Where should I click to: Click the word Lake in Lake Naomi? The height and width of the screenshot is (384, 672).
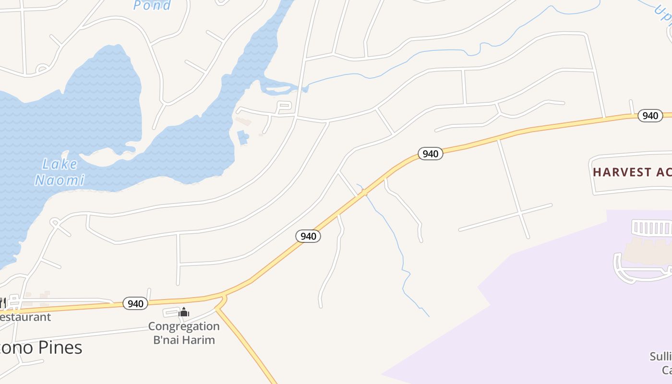point(60,164)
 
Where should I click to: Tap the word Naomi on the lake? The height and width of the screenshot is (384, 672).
point(60,180)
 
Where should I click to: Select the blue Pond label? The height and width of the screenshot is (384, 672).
point(152,5)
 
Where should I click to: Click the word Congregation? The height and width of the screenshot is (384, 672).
point(184,326)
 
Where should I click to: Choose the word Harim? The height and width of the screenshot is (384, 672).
point(199,340)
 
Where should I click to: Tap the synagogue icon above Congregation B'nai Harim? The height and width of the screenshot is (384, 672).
point(184,313)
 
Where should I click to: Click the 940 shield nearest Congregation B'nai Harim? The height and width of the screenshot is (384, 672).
point(135,303)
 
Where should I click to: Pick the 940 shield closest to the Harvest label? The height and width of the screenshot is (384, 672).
point(650,116)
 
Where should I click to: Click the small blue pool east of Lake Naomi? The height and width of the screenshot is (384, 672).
point(243,137)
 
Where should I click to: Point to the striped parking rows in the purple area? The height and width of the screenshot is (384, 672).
point(652,227)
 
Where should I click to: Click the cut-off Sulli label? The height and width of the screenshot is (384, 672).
point(660,356)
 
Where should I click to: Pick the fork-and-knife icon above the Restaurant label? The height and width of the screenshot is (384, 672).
point(2,303)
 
